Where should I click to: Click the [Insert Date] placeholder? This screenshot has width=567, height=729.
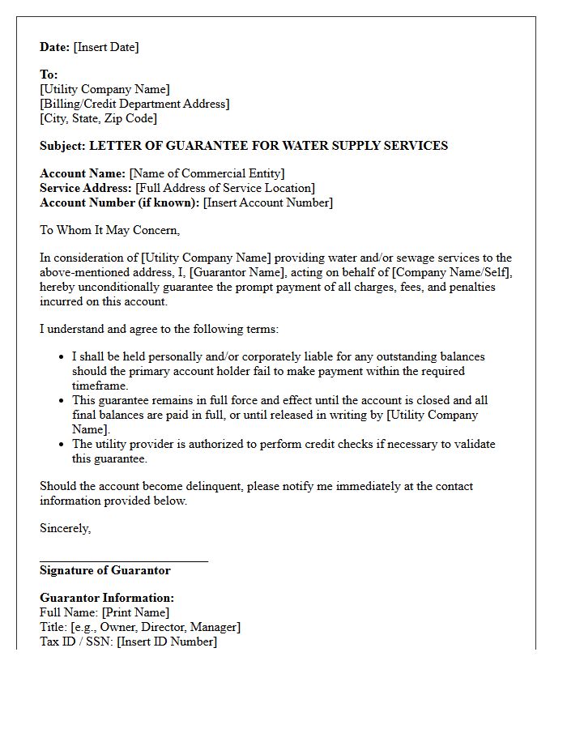point(106,47)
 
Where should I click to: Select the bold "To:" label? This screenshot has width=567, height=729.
point(49,75)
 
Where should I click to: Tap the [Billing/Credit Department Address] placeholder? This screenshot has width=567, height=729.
point(134,104)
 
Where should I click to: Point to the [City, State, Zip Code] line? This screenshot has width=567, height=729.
point(98,118)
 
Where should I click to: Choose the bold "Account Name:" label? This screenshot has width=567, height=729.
point(83,173)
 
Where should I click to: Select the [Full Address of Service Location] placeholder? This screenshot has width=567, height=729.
point(224,188)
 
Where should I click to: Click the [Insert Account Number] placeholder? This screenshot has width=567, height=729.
point(267,202)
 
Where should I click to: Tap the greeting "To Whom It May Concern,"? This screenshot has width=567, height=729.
point(109,230)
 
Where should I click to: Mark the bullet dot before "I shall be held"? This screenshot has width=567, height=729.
point(62,356)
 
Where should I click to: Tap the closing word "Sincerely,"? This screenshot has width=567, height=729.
point(66,528)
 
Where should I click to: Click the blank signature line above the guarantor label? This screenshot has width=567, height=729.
point(123,560)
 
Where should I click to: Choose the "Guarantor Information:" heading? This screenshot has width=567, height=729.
point(107,598)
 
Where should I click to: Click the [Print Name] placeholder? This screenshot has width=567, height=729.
point(135,612)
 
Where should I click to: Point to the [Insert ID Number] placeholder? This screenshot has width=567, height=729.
point(167,642)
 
